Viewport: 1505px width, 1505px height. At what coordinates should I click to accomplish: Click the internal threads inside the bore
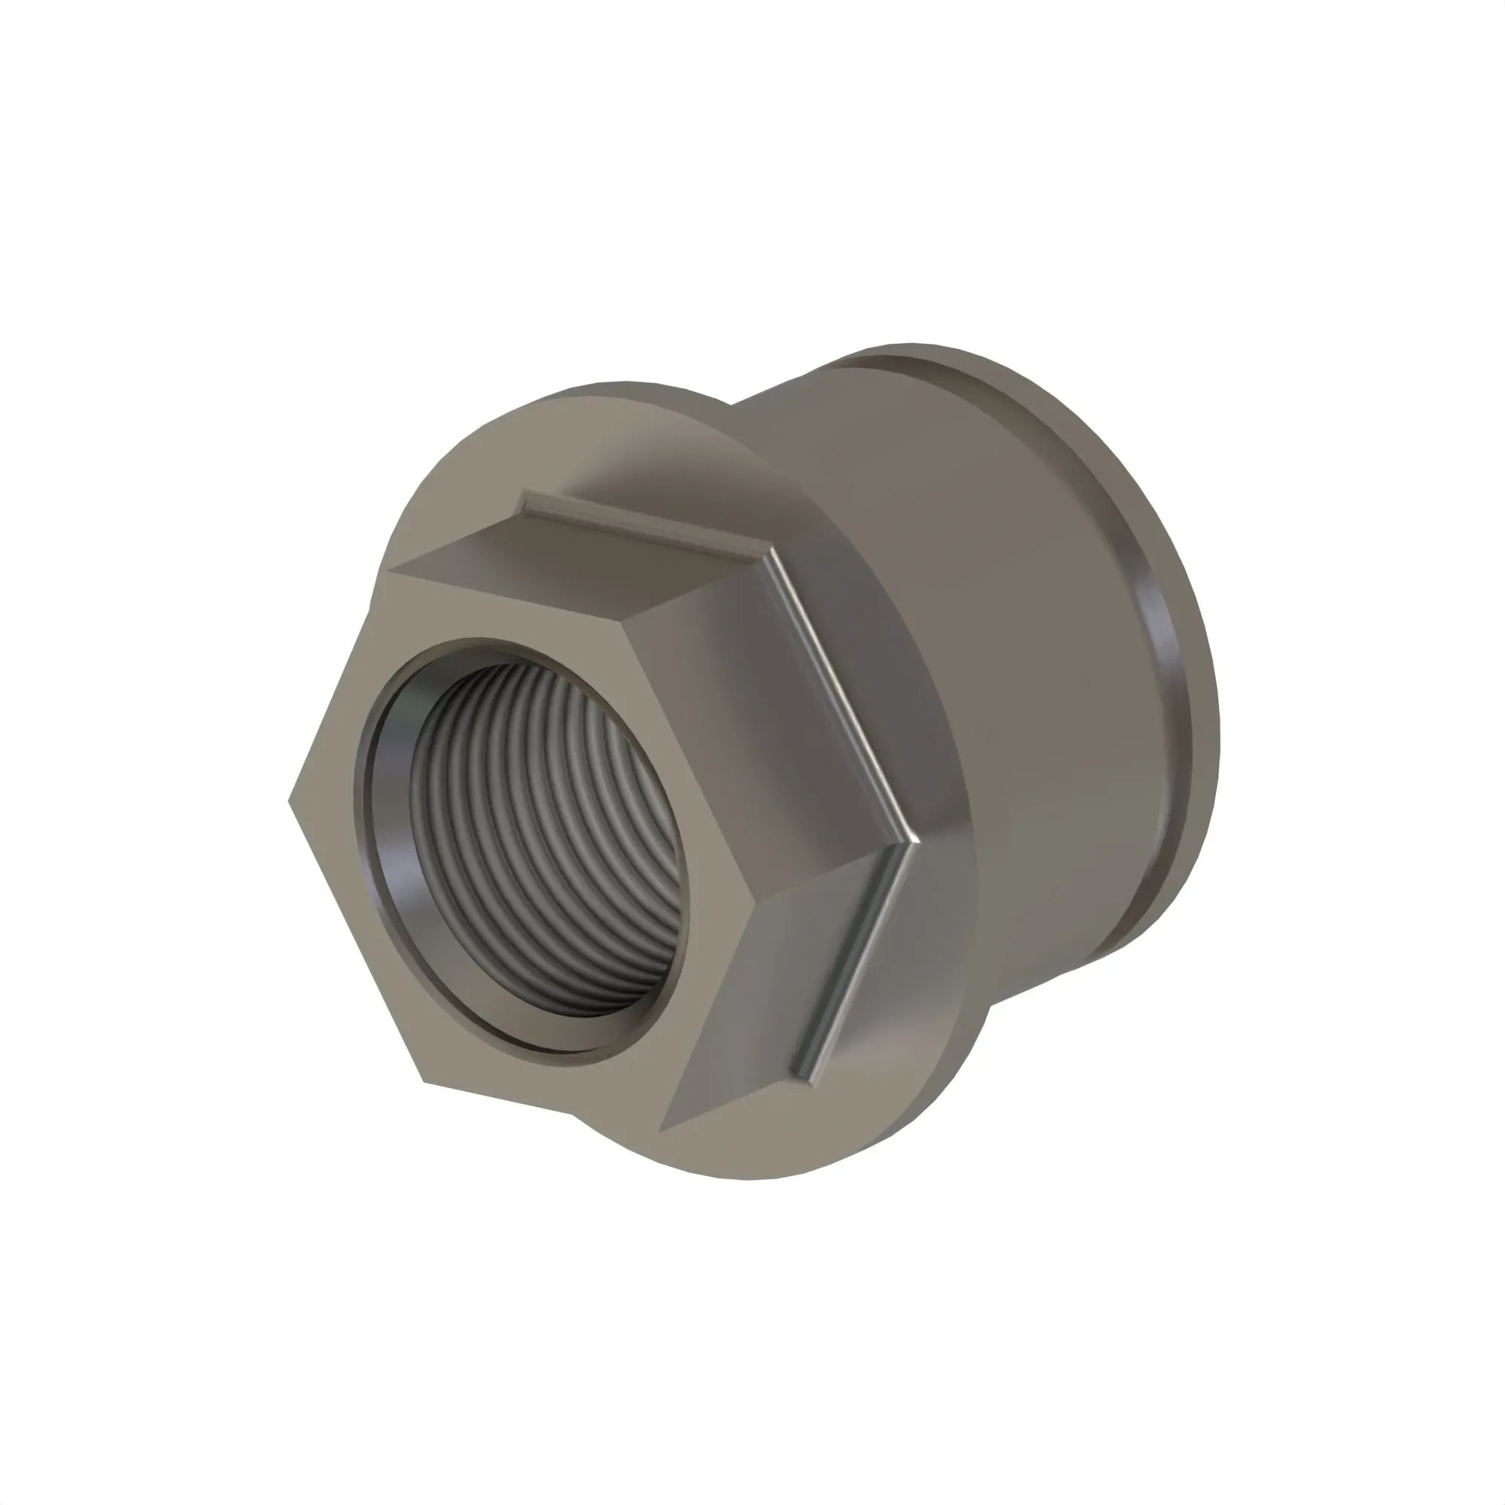pyautogui.click(x=546, y=841)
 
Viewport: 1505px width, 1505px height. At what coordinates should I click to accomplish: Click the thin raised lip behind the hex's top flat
pyautogui.click(x=639, y=524)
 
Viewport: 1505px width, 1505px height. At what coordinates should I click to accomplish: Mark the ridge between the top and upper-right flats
pyautogui.click(x=693, y=592)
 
